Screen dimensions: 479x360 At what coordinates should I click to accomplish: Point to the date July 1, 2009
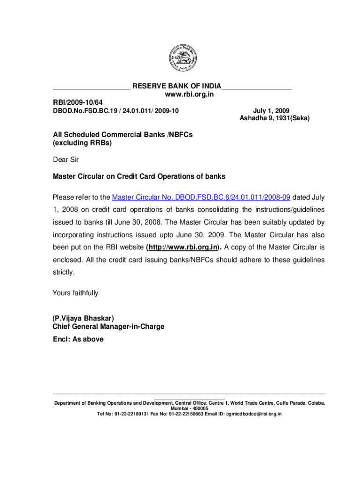[x=271, y=111]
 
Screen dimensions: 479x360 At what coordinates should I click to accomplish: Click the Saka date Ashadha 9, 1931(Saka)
[x=274, y=119]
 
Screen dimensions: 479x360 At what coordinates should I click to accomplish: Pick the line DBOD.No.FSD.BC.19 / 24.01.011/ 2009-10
[x=116, y=111]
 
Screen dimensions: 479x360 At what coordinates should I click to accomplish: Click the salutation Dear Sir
[x=66, y=160]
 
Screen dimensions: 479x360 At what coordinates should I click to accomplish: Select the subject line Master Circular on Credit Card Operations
[x=139, y=176]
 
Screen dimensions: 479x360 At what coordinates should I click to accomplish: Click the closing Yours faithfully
[x=75, y=293]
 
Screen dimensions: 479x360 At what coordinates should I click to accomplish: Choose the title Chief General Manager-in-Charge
[x=108, y=327]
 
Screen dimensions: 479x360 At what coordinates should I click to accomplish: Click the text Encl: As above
[x=78, y=339]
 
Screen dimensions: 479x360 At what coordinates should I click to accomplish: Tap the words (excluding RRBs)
[x=82, y=143]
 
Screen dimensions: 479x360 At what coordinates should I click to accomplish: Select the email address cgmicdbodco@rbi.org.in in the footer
[x=254, y=414]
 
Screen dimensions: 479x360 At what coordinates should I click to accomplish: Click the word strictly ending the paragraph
[x=63, y=272]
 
